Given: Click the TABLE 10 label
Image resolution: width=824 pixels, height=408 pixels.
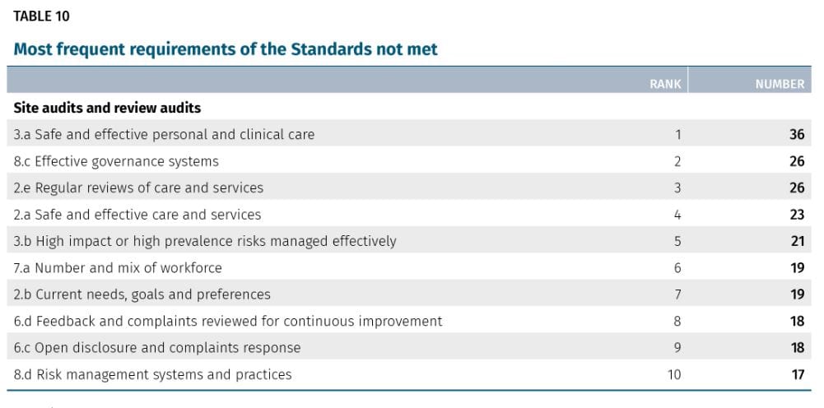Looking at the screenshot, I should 42,15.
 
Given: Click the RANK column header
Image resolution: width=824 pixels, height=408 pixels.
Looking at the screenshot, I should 665,84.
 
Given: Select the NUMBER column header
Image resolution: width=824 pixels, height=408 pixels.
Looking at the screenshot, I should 780,84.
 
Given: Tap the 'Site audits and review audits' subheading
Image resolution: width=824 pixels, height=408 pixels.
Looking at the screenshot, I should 107,108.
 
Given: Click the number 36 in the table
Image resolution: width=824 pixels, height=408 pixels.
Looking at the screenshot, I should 796,134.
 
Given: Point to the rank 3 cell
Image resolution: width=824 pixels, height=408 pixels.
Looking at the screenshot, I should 677,188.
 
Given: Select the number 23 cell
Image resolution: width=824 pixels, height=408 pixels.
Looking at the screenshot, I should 796,215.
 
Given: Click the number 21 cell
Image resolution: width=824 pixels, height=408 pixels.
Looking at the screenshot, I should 796,241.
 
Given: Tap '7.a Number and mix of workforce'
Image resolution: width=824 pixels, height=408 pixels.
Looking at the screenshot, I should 118,267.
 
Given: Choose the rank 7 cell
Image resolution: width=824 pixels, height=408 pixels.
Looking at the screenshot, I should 677,294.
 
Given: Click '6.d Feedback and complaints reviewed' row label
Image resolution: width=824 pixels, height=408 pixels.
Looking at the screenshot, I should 228,321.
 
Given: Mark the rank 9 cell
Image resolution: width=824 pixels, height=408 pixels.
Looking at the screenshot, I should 677,347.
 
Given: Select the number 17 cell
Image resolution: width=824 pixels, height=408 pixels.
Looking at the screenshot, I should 796,374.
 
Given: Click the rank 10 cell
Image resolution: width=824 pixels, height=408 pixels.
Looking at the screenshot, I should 674,374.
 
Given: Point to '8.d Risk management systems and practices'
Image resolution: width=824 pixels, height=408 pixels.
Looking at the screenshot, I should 152,374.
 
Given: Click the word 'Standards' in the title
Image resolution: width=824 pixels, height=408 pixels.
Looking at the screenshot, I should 331,49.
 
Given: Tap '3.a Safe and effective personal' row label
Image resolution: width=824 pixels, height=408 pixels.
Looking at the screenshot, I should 164,134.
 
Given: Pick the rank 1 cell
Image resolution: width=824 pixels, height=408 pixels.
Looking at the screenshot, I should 677,134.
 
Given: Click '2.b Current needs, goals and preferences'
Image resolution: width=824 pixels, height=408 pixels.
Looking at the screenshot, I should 142,294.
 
